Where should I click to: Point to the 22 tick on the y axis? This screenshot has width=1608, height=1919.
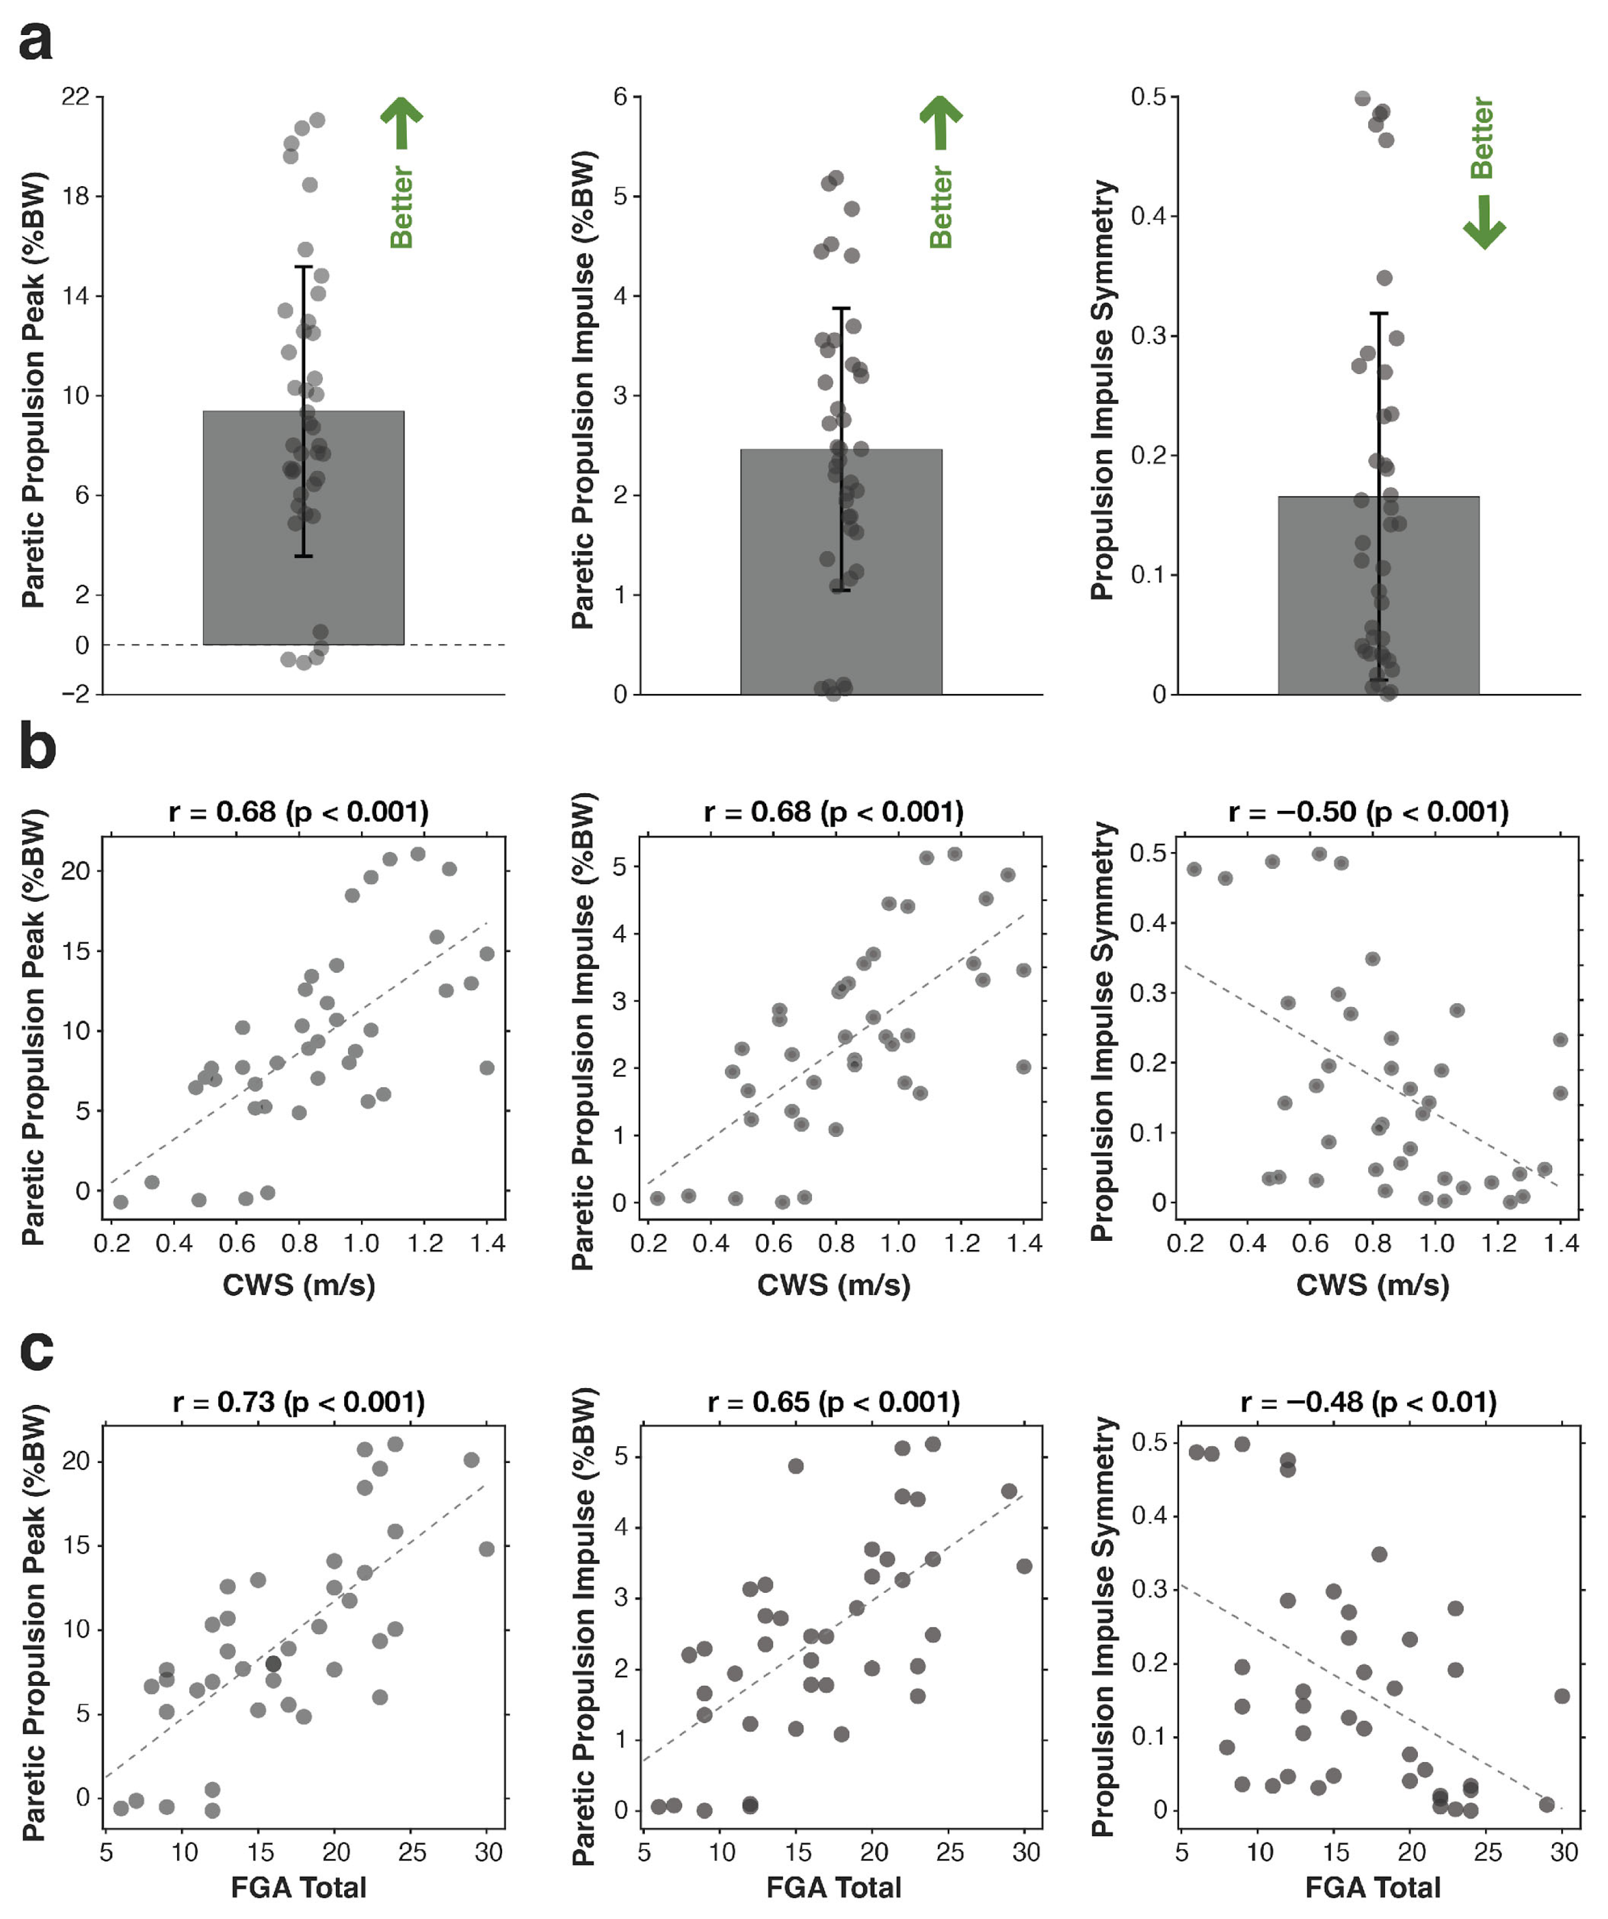point(75,96)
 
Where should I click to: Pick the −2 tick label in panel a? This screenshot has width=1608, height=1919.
point(75,695)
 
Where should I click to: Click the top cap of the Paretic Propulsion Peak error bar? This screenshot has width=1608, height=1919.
point(304,267)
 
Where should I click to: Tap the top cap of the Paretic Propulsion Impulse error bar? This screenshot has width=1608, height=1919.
point(841,309)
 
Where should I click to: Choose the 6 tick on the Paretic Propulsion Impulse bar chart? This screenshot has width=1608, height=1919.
point(621,96)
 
